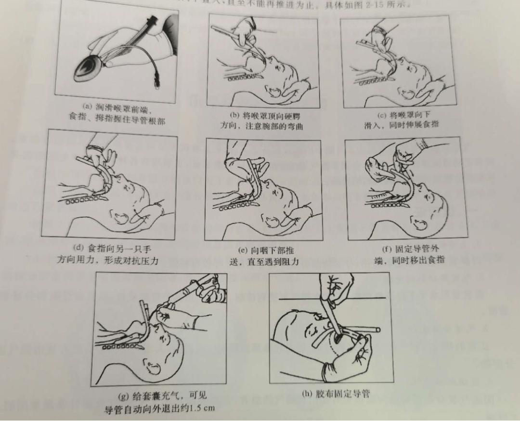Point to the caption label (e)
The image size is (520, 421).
click(x=243, y=250)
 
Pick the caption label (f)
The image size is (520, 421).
click(x=387, y=250)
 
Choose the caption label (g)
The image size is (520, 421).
click(x=123, y=396)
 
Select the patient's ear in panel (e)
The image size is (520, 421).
click(x=272, y=221)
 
